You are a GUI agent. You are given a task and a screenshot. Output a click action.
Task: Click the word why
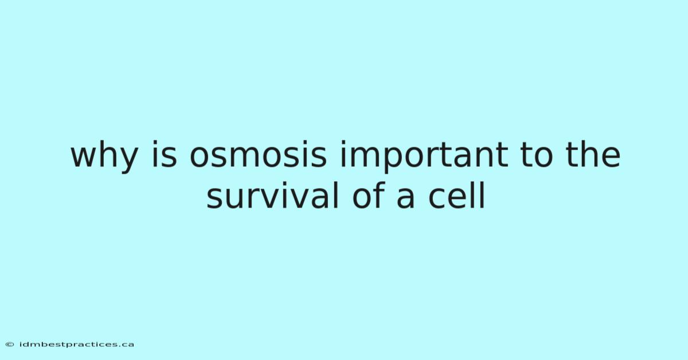click(104, 156)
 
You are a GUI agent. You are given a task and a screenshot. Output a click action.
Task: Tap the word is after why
click(165, 155)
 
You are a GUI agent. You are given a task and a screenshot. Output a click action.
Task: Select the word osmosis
click(258, 155)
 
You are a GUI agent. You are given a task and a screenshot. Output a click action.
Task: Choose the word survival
click(273, 195)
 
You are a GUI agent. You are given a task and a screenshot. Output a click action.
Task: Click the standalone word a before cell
click(405, 199)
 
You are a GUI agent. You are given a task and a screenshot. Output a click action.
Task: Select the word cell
click(457, 195)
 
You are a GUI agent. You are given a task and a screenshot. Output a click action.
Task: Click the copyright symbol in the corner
click(10, 345)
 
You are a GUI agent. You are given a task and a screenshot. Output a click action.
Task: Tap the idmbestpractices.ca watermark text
click(76, 345)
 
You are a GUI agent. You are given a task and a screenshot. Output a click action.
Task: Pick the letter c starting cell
click(437, 199)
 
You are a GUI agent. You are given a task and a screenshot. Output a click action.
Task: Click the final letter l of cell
click(483, 195)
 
